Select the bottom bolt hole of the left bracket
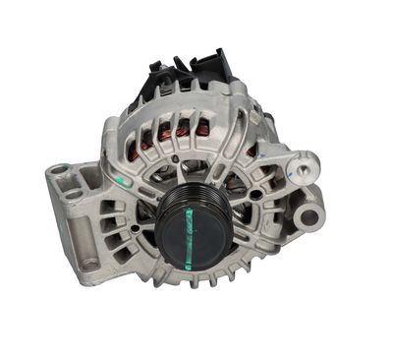click(x=89, y=264)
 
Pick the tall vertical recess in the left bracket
click(x=80, y=224)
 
